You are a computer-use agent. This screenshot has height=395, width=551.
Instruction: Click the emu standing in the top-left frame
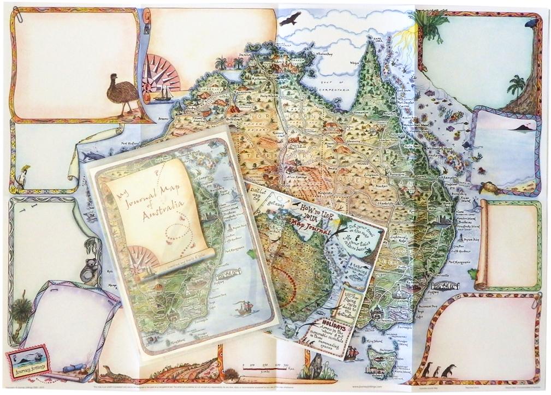(122, 92)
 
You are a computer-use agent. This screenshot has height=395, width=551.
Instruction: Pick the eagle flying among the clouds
(289, 20)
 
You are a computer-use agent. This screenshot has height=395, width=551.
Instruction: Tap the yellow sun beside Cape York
(407, 38)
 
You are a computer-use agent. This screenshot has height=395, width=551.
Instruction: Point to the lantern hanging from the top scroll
(146, 26)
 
